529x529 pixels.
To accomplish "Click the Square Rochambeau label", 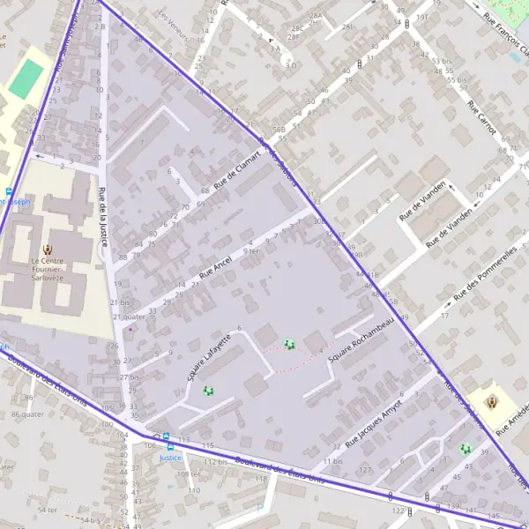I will click(x=359, y=346).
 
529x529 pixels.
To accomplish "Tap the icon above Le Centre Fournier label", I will click(x=49, y=250).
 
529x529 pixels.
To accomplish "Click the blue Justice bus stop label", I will click(x=170, y=458).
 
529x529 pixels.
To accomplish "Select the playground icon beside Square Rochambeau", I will click(x=289, y=345).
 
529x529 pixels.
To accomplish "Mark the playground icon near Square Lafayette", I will click(x=209, y=391).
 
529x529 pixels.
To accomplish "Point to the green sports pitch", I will click(x=26, y=78).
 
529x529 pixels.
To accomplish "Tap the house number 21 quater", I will click(x=128, y=316).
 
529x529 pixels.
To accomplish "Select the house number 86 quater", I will click(x=27, y=414).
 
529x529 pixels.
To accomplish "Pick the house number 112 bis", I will click(x=216, y=461).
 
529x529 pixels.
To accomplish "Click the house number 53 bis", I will click(x=443, y=60).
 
